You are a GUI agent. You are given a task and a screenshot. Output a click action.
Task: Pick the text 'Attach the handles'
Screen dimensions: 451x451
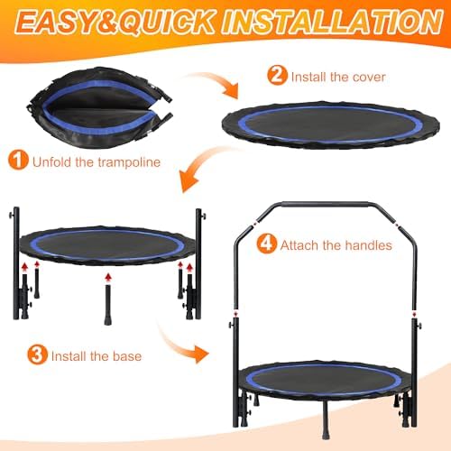coord(335,244)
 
